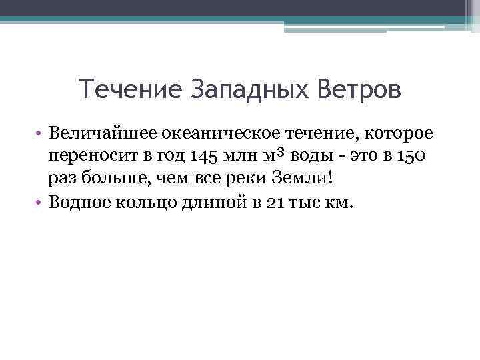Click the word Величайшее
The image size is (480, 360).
pyautogui.click(x=99, y=134)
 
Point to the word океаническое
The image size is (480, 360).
pyautogui.click(x=219, y=134)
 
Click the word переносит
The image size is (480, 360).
pyautogui.click(x=89, y=157)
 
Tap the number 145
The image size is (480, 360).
pyautogui.click(x=203, y=157)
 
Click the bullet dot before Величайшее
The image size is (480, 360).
pyautogui.click(x=41, y=135)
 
